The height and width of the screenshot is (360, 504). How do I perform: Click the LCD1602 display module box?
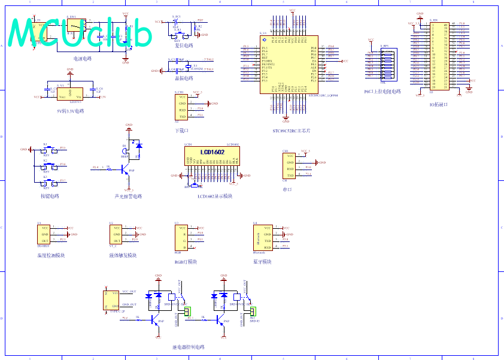(212, 156)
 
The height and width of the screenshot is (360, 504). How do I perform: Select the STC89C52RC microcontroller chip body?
(284, 68)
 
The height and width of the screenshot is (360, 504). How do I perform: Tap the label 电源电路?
(82, 59)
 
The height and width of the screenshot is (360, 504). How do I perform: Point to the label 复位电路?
(184, 46)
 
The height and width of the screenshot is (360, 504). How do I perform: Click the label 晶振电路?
(184, 78)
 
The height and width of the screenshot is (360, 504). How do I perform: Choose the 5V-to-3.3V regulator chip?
(70, 95)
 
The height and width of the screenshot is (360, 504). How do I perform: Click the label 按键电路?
(50, 196)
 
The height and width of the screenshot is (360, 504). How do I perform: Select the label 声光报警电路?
(128, 196)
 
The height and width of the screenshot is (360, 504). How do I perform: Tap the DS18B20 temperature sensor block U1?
(44, 234)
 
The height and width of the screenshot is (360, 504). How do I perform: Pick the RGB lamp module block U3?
(181, 237)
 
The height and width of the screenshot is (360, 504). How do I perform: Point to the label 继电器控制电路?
(188, 347)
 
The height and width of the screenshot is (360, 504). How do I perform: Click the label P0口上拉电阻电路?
(382, 92)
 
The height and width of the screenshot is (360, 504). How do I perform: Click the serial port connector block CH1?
(289, 165)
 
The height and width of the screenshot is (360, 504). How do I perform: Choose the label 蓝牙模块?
(262, 262)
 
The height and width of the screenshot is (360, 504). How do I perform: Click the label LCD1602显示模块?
(215, 196)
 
